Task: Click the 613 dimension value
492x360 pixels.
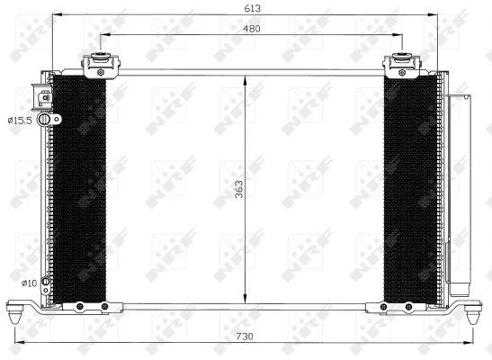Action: pyautogui.click(x=245, y=7)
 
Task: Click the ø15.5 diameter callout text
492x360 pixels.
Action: pyautogui.click(x=21, y=119)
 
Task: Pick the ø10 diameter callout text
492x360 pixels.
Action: pyautogui.click(x=28, y=283)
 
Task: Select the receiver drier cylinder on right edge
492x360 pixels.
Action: pyautogui.click(x=459, y=193)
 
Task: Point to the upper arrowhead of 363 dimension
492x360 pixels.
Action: pyautogui.click(x=246, y=79)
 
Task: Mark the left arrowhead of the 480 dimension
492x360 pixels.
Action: pyautogui.click(x=102, y=35)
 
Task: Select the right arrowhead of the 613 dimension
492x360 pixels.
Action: pyautogui.click(x=435, y=15)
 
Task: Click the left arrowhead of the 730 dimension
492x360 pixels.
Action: pyautogui.click(x=17, y=344)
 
